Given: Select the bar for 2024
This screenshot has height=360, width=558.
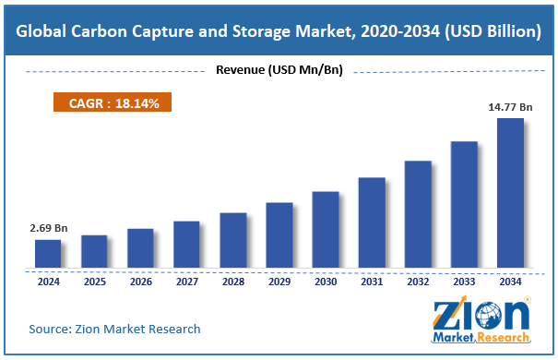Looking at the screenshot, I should coord(48,254).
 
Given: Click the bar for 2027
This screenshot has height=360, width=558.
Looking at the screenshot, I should coord(186,245).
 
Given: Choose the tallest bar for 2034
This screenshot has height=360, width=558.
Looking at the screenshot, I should coord(510,193).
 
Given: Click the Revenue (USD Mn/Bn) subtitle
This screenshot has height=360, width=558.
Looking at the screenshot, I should coord(278,71).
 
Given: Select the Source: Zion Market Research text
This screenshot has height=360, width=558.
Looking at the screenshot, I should coord(114,329).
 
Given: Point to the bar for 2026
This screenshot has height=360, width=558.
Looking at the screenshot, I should coord(140,248).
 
